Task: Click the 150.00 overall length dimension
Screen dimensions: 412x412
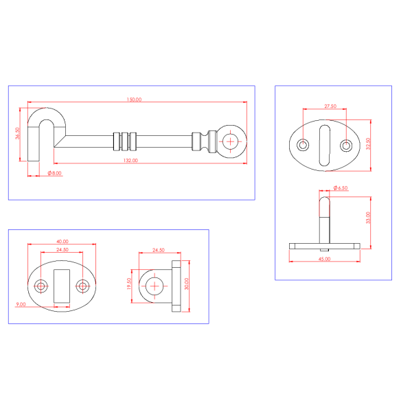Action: tap(134, 100)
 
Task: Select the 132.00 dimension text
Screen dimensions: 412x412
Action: tap(130, 160)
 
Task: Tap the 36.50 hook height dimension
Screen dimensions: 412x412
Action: tap(17, 133)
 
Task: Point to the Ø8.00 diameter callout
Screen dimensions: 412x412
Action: tap(55, 173)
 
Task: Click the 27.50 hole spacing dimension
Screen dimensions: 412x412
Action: tap(330, 106)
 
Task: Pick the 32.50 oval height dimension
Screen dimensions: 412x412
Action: tap(368, 144)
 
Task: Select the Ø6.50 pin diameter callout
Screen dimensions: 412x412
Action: tap(341, 188)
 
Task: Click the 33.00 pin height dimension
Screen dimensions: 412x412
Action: tap(368, 218)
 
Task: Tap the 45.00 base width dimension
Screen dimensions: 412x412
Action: tap(325, 259)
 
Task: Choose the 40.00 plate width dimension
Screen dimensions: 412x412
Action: tap(62, 242)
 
